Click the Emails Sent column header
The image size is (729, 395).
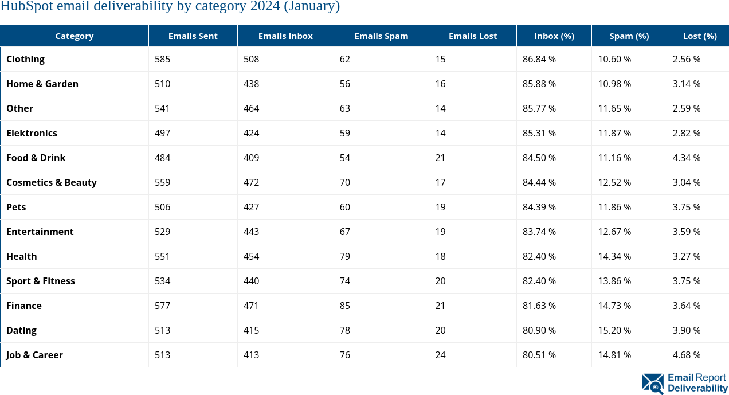tap(193, 36)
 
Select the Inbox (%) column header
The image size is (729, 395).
tap(554, 36)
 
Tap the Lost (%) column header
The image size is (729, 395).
tap(699, 36)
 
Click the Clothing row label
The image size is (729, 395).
tap(25, 59)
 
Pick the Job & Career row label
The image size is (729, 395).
tap(34, 355)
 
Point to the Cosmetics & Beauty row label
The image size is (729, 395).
tap(51, 182)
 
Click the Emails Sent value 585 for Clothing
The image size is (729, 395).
tap(162, 59)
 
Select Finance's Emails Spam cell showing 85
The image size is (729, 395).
tap(344, 306)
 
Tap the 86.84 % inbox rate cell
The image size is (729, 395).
tap(539, 59)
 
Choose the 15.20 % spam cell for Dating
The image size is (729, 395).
tap(614, 330)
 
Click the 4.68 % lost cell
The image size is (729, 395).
tap(686, 355)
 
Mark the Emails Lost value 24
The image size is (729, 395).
tap(440, 355)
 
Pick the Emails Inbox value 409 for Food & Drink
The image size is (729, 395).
tap(251, 158)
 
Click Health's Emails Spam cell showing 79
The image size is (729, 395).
tap(344, 256)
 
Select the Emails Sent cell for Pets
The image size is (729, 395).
tap(162, 207)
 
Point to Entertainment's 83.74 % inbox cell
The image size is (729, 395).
tap(539, 232)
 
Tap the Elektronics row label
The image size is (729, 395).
tap(32, 133)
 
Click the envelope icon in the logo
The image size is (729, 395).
tap(653, 383)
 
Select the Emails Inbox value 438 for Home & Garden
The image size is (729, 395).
tap(251, 84)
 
